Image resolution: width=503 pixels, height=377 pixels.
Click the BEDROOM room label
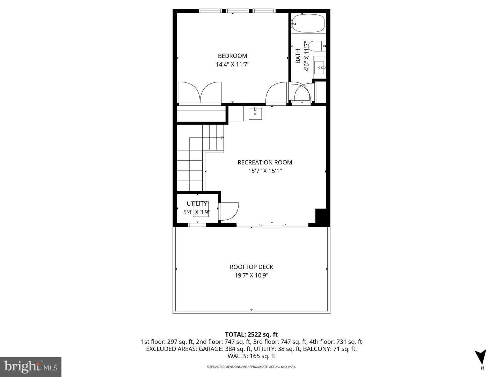point(232,56)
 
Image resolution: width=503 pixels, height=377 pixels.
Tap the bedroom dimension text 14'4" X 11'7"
point(232,65)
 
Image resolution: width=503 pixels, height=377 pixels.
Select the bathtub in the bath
point(308,23)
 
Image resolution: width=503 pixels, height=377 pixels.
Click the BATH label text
point(298,56)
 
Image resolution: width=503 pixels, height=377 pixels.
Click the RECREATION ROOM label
point(265,162)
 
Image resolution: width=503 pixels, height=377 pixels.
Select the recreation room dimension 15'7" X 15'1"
point(265,171)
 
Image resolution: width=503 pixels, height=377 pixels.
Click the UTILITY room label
point(197,204)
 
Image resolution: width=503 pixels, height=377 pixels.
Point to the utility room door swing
point(229,212)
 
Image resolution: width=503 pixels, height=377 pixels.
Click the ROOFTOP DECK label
point(251,267)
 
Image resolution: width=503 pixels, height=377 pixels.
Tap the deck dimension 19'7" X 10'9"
point(251,276)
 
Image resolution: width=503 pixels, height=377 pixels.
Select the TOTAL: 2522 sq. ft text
point(251,335)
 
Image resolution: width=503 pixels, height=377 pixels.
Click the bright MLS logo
point(31,367)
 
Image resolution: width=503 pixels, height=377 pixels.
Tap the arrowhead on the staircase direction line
point(222,138)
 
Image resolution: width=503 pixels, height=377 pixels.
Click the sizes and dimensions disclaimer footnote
point(251,367)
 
